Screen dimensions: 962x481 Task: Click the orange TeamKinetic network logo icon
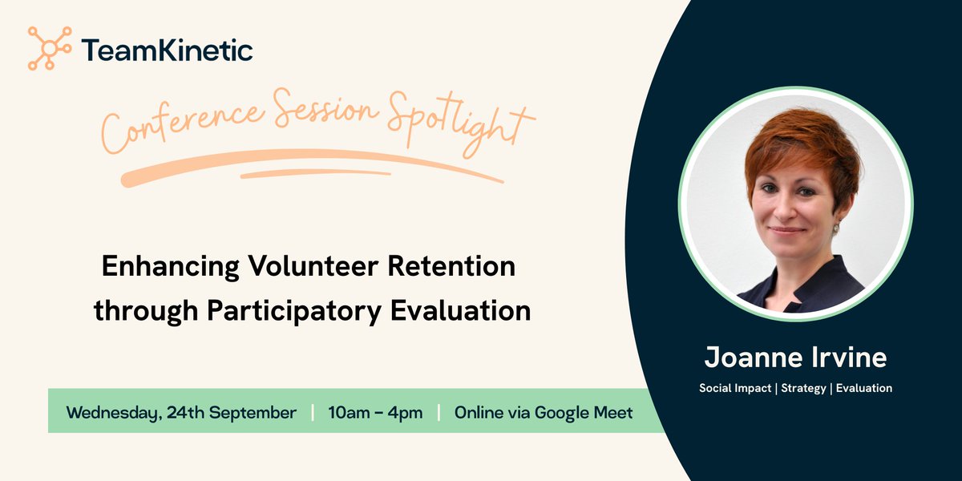(x=50, y=48)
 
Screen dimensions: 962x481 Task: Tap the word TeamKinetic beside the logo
(x=167, y=51)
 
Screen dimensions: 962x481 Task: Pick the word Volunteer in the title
(x=313, y=266)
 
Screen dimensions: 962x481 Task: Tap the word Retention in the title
(x=451, y=266)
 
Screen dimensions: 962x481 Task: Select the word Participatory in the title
(x=294, y=312)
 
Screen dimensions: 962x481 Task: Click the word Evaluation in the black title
(x=460, y=310)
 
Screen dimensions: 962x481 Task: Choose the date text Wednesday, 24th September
(x=181, y=413)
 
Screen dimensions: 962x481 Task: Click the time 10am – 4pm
(x=375, y=413)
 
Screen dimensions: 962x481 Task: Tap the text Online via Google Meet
(x=544, y=413)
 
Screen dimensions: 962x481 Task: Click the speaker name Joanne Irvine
(x=795, y=358)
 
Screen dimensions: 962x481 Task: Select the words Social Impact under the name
(x=735, y=388)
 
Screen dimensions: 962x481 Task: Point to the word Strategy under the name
(x=803, y=389)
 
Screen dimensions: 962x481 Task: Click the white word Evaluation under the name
(x=864, y=388)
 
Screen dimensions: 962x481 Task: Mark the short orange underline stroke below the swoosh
(x=316, y=173)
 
